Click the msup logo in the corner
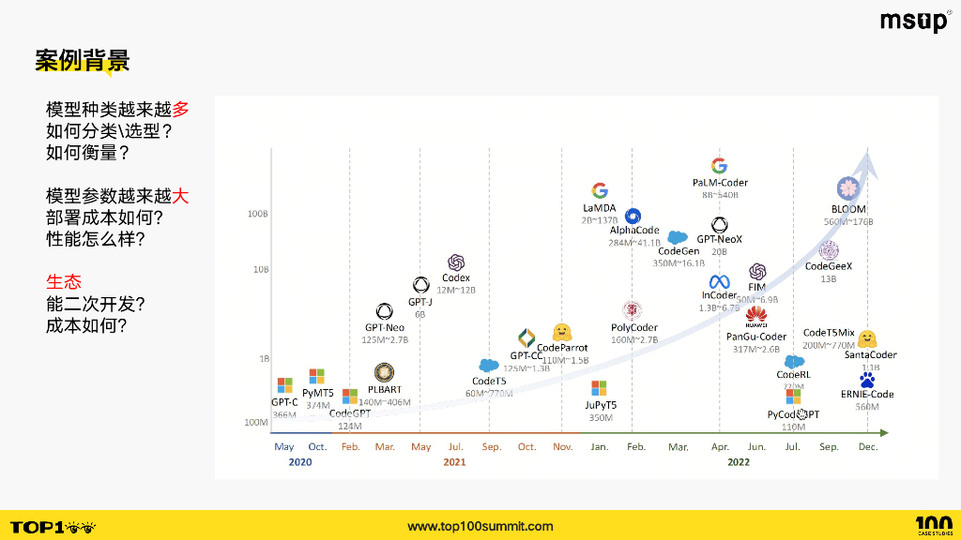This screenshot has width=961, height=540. (x=914, y=22)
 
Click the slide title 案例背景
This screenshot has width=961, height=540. (x=83, y=61)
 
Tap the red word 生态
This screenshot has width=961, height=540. (x=64, y=281)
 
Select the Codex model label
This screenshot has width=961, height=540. (x=456, y=278)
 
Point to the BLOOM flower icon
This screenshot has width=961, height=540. (x=848, y=187)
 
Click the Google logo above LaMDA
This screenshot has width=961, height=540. (x=600, y=190)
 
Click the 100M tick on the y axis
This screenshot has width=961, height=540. (x=257, y=423)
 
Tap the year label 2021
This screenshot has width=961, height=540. (x=455, y=462)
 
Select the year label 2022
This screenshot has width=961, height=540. (x=739, y=462)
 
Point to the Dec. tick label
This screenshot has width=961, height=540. (x=868, y=447)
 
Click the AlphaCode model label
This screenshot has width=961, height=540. (x=634, y=231)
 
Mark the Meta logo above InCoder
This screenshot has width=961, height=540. (x=720, y=281)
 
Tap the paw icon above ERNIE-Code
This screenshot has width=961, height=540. (x=867, y=380)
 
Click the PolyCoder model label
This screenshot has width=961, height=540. (x=634, y=328)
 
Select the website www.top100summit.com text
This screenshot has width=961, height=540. (x=480, y=527)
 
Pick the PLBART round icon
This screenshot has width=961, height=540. (x=384, y=373)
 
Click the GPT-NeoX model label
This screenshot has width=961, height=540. (x=720, y=239)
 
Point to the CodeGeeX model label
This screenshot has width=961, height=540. (x=829, y=266)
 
